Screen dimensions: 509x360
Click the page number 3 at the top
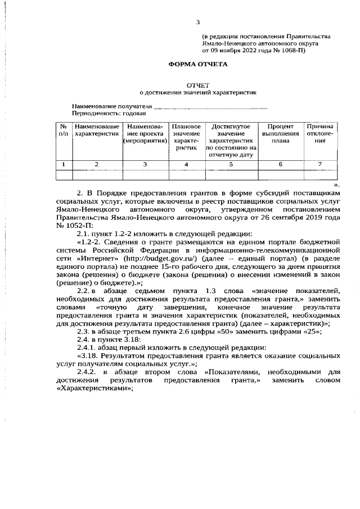pos(197,22)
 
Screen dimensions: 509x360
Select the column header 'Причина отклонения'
pos(320,134)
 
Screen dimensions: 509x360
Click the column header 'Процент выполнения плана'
pos(281,134)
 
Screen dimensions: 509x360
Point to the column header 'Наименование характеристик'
pos(97,130)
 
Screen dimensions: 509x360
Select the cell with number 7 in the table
pos(320,164)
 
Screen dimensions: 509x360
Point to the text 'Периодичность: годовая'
pos(107,113)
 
